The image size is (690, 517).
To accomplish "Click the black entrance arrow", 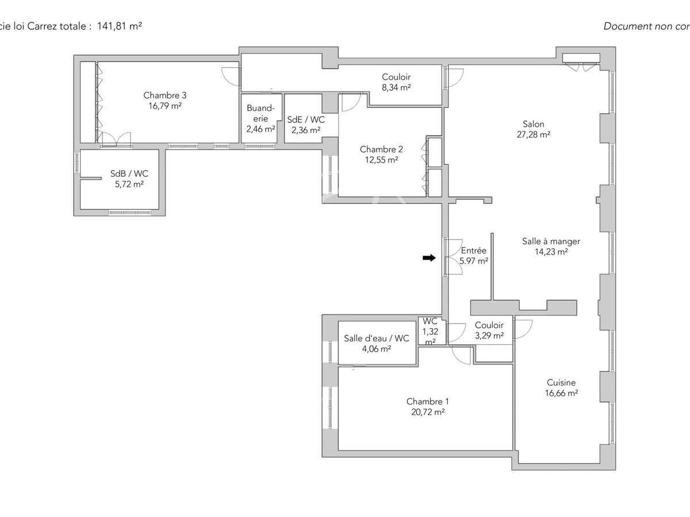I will pyautogui.click(x=429, y=258).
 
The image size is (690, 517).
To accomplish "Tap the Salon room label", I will pyautogui.click(x=533, y=124).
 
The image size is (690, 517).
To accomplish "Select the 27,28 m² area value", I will pyautogui.click(x=533, y=135).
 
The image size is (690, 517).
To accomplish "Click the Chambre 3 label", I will pyautogui.click(x=164, y=95).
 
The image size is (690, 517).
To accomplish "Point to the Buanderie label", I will pyautogui.click(x=260, y=113).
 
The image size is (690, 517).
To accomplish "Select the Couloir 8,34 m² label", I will pyautogui.click(x=396, y=82).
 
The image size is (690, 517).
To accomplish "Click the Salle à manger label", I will pyautogui.click(x=551, y=241).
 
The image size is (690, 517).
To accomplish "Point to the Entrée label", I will pyautogui.click(x=474, y=250).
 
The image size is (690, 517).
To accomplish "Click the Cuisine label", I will pyautogui.click(x=561, y=383).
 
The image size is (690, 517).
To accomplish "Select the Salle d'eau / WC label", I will pyautogui.click(x=377, y=338).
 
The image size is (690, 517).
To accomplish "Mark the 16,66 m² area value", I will pyautogui.click(x=561, y=393).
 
